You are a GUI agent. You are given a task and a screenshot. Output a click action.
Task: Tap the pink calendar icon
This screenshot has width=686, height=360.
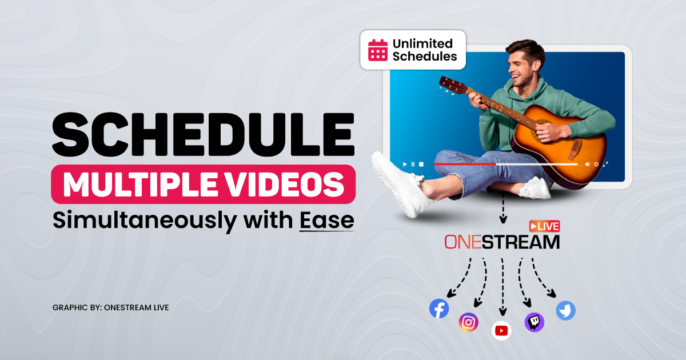378,50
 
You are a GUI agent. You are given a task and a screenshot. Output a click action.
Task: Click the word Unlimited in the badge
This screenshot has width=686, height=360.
422,43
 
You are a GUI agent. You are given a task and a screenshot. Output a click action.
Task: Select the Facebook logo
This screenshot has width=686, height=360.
439,309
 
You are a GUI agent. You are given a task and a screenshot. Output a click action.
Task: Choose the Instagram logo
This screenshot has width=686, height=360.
468,322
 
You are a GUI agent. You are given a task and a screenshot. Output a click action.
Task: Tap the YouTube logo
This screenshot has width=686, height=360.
501,330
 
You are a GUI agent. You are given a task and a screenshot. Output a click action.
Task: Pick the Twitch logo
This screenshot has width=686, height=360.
534,322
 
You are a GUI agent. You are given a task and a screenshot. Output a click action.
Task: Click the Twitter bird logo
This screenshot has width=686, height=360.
565,311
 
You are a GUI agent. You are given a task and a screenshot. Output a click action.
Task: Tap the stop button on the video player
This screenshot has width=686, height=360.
421,164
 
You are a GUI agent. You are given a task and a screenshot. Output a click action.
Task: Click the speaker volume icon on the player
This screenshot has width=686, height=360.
587,164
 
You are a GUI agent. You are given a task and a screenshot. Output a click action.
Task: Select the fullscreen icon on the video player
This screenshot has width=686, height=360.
605,164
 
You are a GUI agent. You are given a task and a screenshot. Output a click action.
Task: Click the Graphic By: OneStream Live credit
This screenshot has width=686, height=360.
110,307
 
